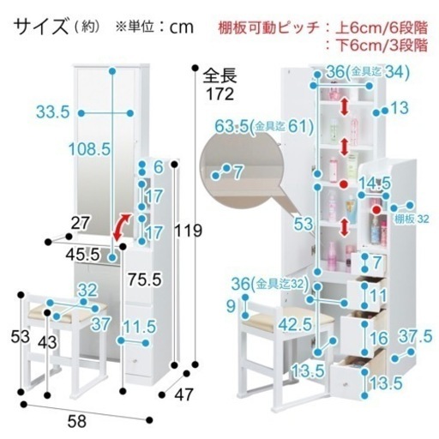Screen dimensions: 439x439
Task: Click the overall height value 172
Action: click(219, 93)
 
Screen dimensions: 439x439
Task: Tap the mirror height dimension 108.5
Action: click(89, 149)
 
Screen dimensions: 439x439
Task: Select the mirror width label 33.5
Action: click(53, 111)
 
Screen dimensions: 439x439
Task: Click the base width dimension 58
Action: click(77, 421)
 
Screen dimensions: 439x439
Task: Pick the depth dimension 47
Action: click(183, 394)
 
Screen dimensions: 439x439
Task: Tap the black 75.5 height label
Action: click(145, 279)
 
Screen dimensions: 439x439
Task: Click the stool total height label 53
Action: click(20, 336)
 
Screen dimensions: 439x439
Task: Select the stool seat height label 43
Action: click(47, 342)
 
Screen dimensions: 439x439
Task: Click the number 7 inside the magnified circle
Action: click(238, 172)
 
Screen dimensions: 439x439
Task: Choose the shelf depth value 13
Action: click(400, 108)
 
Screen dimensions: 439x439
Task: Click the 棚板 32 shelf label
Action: click(412, 219)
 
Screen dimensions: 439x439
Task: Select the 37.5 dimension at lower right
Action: click(415, 336)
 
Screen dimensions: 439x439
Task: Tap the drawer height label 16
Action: click(379, 339)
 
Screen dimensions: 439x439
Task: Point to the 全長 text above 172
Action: click(219, 75)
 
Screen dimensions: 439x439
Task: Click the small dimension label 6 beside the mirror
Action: click(158, 167)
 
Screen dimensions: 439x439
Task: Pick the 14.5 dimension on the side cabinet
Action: click(374, 183)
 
